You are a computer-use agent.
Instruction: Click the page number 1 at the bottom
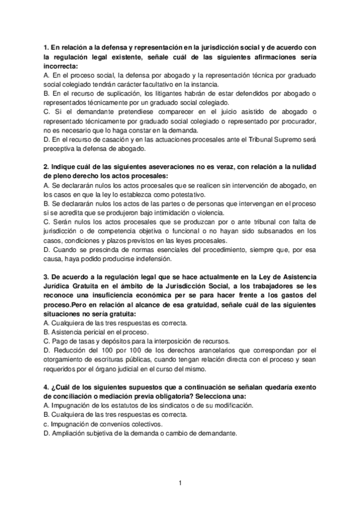(180, 482)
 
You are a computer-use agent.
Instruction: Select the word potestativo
(185, 195)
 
